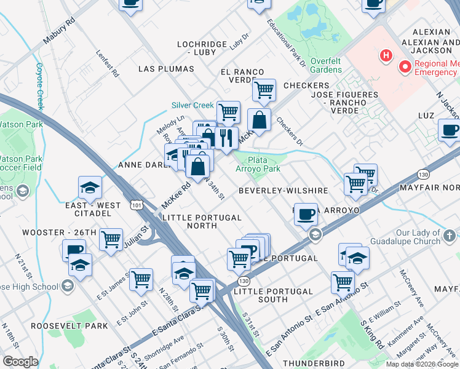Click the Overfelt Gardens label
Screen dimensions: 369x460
click(326, 65)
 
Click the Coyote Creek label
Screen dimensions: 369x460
click(39, 85)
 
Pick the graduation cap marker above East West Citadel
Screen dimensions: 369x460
click(90, 188)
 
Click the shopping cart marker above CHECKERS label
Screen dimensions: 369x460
click(264, 90)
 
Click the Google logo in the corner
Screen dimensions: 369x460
click(20, 362)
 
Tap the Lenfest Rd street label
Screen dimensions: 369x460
click(107, 63)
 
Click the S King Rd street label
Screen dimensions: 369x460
click(371, 334)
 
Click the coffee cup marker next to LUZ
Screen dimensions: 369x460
click(450, 130)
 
